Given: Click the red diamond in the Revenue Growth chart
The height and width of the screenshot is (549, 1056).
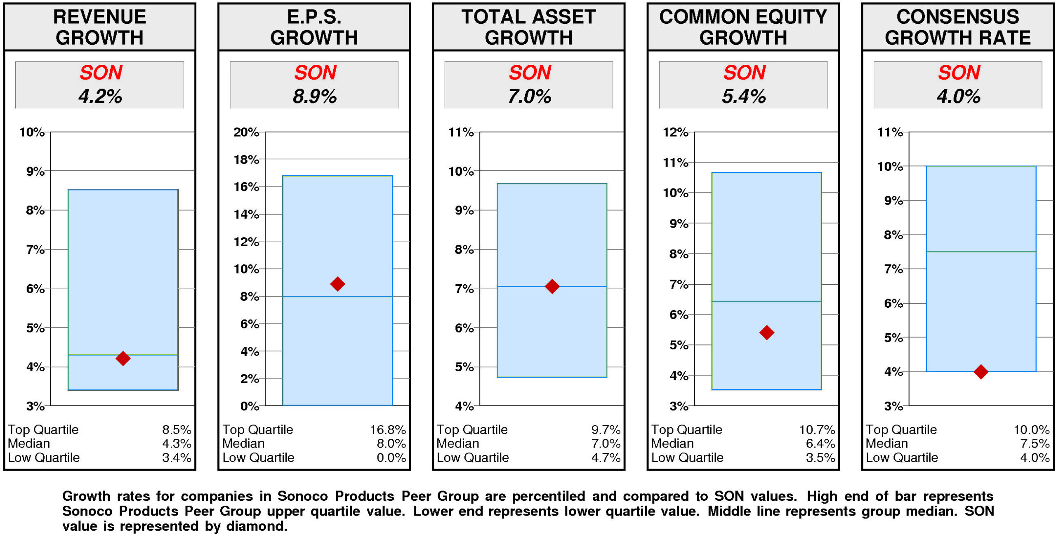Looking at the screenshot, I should [x=123, y=358].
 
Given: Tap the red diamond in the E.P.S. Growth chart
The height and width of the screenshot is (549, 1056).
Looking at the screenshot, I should [x=337, y=283].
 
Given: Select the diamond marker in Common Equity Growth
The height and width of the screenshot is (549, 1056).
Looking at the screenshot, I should [x=766, y=332].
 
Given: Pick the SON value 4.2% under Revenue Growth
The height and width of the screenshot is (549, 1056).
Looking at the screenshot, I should [x=100, y=97].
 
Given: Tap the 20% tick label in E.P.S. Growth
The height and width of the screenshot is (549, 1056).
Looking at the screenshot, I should [x=246, y=132].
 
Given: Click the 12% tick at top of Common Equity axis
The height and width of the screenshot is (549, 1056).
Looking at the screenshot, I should [x=675, y=132].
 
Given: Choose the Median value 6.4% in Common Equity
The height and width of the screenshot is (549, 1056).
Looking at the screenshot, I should [x=820, y=443].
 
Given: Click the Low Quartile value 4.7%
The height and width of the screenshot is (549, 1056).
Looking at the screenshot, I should [x=605, y=457].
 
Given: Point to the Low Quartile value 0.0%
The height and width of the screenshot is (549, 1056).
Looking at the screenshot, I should [x=391, y=457].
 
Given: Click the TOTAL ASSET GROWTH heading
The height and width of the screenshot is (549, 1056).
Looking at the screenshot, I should [x=528, y=27].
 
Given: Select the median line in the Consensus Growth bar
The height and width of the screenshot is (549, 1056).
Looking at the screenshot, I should [x=981, y=251].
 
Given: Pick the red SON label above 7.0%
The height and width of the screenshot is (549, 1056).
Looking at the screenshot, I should [x=529, y=73].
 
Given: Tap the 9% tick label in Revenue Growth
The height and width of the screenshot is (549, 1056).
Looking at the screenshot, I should [x=35, y=171].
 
